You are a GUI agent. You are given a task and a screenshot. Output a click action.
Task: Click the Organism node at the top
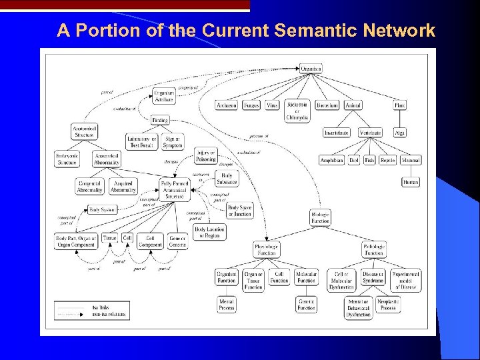(311, 69)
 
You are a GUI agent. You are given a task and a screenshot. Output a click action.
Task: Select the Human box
(411, 182)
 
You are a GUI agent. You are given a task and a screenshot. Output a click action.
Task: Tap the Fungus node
(251, 105)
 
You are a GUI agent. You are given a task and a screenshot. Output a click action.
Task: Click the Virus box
(272, 105)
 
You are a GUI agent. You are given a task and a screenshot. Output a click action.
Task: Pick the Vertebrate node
(370, 133)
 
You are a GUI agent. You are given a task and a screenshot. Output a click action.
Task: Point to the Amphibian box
(331, 160)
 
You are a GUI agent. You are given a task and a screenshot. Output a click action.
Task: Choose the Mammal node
(411, 160)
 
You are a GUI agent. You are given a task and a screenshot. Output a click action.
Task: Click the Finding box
(160, 120)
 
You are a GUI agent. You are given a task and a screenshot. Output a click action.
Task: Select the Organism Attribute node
(164, 96)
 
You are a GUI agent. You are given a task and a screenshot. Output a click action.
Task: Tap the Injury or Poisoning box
(206, 156)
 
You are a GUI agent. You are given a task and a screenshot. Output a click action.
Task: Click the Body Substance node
(227, 179)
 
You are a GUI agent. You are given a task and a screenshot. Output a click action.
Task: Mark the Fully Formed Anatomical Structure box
(175, 190)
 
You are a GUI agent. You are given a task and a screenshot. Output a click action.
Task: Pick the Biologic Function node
(320, 217)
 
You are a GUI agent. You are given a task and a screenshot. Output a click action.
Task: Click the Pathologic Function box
(374, 249)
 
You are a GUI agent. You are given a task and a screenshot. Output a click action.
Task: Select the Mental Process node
(227, 305)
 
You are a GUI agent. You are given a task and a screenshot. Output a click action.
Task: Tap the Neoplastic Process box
(388, 305)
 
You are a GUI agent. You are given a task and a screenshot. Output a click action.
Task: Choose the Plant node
(400, 105)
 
